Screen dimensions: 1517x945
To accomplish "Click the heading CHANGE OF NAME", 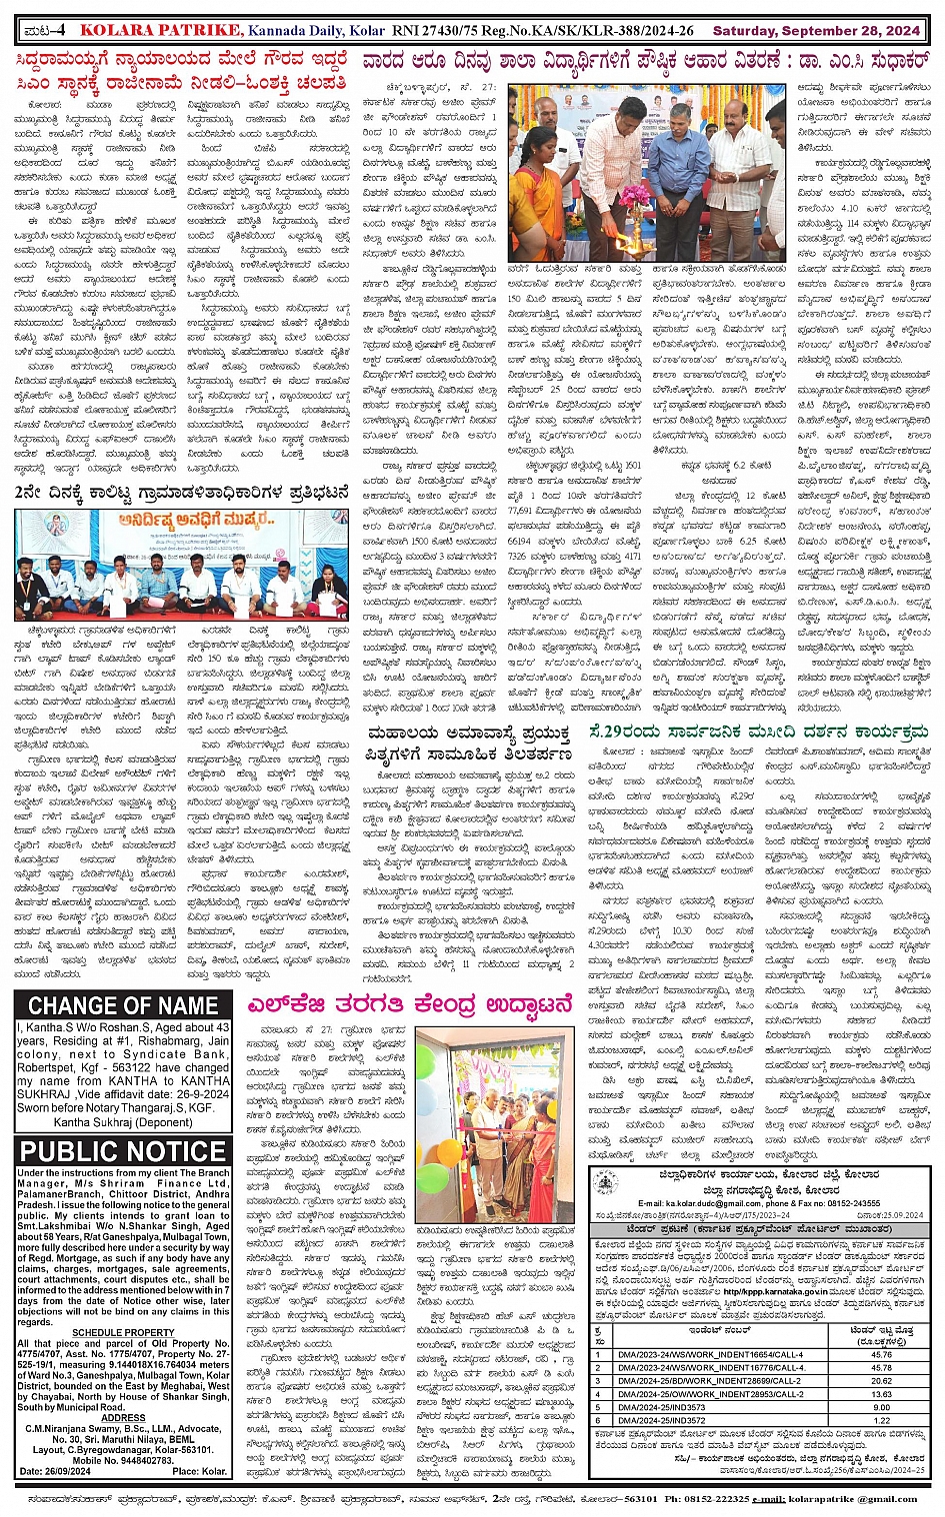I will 123,1005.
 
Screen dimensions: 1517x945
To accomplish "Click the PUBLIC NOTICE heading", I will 123,1150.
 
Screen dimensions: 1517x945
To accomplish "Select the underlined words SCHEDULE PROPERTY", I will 123,1332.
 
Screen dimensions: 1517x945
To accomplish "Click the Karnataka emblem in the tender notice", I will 604,1182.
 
